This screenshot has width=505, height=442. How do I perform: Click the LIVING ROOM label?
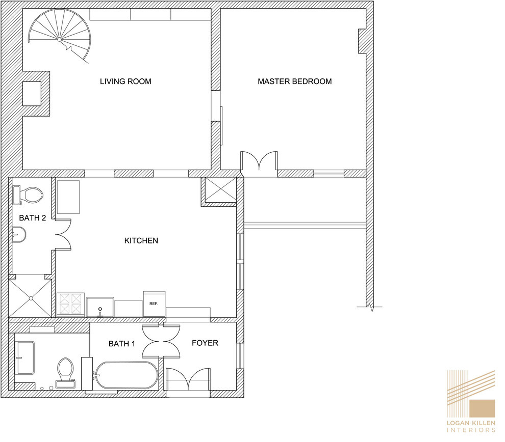pos(125,81)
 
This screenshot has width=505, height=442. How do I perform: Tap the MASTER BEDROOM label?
pos(295,81)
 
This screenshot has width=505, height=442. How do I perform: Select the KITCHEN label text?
pos(141,240)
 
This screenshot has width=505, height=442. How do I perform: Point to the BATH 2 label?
pos(32,218)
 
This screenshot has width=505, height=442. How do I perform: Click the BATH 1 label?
pos(122,344)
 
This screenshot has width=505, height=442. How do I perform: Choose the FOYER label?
pos(205,343)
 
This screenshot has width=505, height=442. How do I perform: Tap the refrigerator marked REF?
pos(154,303)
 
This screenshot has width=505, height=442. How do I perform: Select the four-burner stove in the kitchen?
pos(71,305)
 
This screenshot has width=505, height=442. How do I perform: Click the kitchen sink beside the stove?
pos(100,307)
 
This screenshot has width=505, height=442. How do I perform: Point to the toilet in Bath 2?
pos(28,195)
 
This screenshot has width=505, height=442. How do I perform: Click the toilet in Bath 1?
pos(65,373)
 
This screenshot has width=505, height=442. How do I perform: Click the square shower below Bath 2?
pos(31,298)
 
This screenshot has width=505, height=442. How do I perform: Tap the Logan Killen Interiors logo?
pos(471,401)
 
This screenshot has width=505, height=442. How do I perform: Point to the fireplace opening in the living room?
pos(32,94)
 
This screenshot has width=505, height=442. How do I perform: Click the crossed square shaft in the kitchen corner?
pos(220,189)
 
